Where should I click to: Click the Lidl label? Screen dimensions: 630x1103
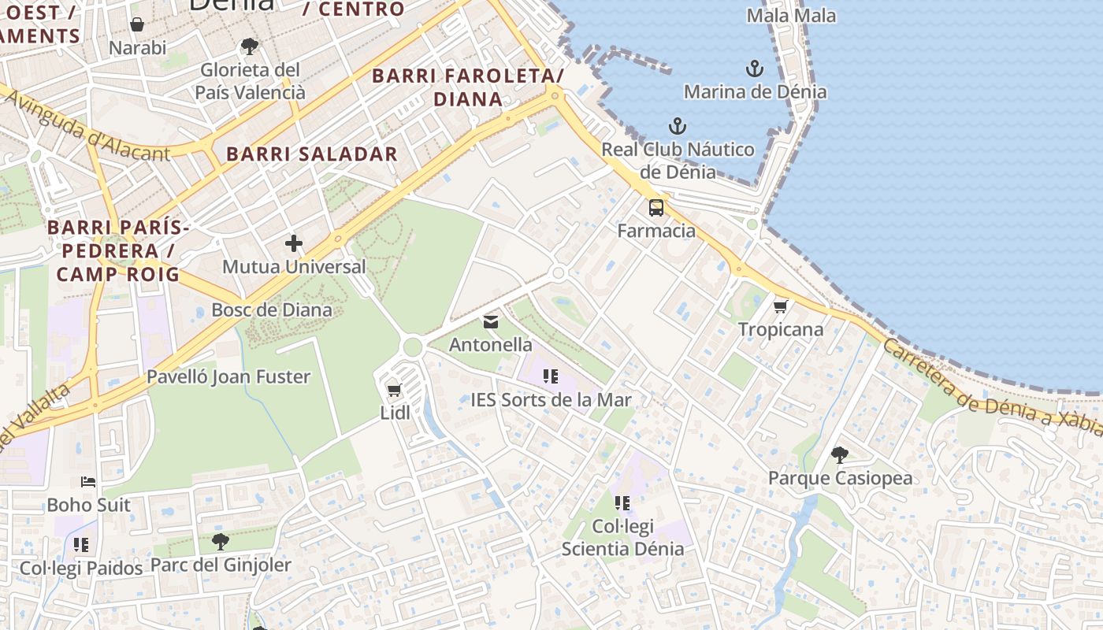point(396,413)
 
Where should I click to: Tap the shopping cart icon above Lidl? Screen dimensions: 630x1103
point(395,390)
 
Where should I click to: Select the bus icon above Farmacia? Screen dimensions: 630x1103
point(656,208)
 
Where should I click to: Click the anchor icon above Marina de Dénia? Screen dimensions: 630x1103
point(755,69)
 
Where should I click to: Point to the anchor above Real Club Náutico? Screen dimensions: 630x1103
point(678,126)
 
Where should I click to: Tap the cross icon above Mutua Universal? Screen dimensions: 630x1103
point(294,243)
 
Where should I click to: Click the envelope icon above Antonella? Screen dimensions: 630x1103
point(491,321)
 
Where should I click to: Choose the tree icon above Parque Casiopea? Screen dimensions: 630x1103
point(840,454)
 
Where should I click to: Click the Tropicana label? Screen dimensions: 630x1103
point(781,329)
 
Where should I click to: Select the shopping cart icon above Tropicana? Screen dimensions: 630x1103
point(781,306)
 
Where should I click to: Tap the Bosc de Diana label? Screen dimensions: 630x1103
point(272,309)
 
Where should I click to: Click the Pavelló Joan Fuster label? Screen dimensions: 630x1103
point(228,376)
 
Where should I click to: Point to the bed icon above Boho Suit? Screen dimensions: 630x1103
point(88,481)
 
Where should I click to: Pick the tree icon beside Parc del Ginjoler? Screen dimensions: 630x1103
point(221,541)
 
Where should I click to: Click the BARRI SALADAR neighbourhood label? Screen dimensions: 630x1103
point(312,154)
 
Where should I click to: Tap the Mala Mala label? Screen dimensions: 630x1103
point(791,15)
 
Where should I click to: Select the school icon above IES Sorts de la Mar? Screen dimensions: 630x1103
point(551,376)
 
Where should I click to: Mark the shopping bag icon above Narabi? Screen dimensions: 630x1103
point(137,24)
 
